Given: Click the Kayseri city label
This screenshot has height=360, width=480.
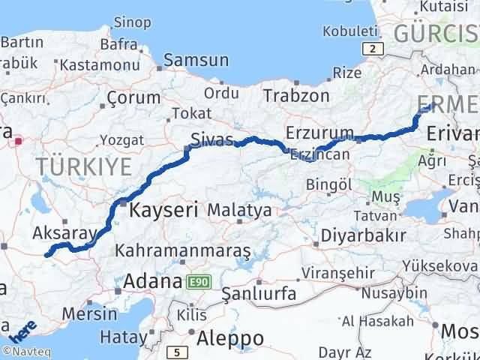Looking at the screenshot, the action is coord(163,210).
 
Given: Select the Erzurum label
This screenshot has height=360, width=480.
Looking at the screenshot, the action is coord(319,133).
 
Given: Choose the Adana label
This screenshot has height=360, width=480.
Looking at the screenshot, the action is coord(153,283).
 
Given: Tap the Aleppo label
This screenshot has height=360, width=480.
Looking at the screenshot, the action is coord(229,338).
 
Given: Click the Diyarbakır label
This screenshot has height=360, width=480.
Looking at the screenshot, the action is coord(364,235).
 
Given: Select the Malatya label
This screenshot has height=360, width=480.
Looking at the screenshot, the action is coord(239,211).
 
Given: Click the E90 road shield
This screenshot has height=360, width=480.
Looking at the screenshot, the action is coord(201,282).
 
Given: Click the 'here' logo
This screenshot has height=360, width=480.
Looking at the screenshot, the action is coord(22,330).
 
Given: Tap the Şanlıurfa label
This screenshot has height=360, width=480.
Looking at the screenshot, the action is coord(249,292).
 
